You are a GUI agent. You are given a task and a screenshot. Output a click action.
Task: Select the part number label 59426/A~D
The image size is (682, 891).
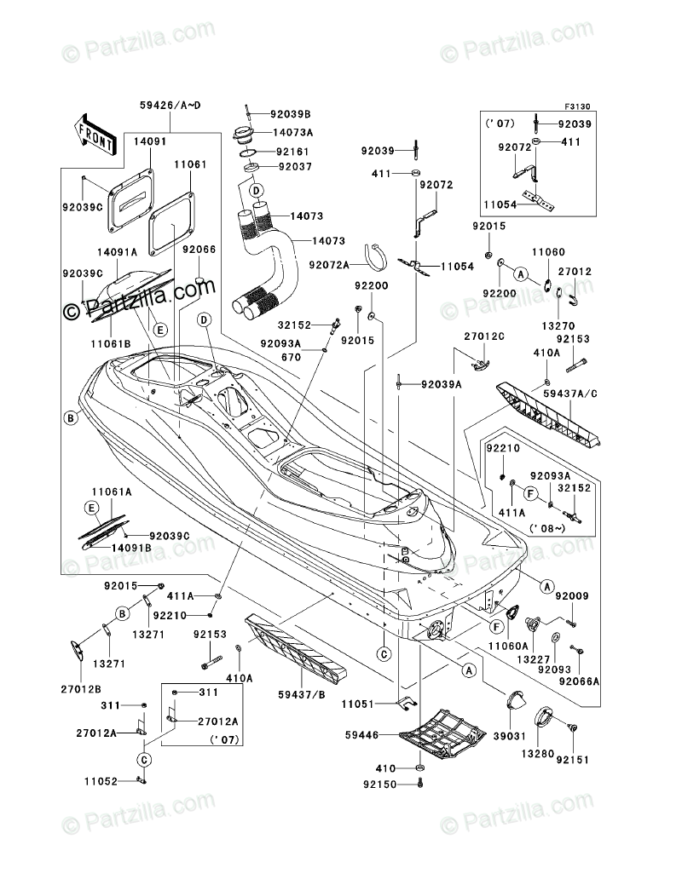pyautogui.click(x=170, y=105)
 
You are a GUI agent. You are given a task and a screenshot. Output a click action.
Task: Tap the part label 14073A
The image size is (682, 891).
pyautogui.click(x=293, y=133)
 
